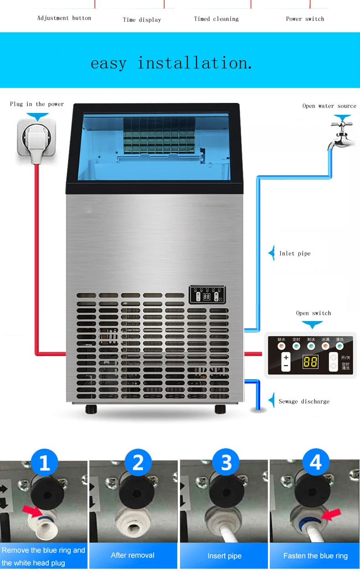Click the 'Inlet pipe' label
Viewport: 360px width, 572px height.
point(294,254)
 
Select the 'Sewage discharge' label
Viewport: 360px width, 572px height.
point(303,402)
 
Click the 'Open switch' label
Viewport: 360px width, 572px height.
point(314,313)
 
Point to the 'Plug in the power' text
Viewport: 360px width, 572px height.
point(37,104)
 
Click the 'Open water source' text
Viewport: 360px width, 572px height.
point(329,106)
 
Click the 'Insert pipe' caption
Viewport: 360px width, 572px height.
point(224,556)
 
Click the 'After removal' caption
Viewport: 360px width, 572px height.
point(133,555)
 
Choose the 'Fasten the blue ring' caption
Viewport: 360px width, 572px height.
point(315,556)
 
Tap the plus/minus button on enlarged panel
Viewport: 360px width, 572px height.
point(286,362)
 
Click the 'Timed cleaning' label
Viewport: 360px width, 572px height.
point(216,19)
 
